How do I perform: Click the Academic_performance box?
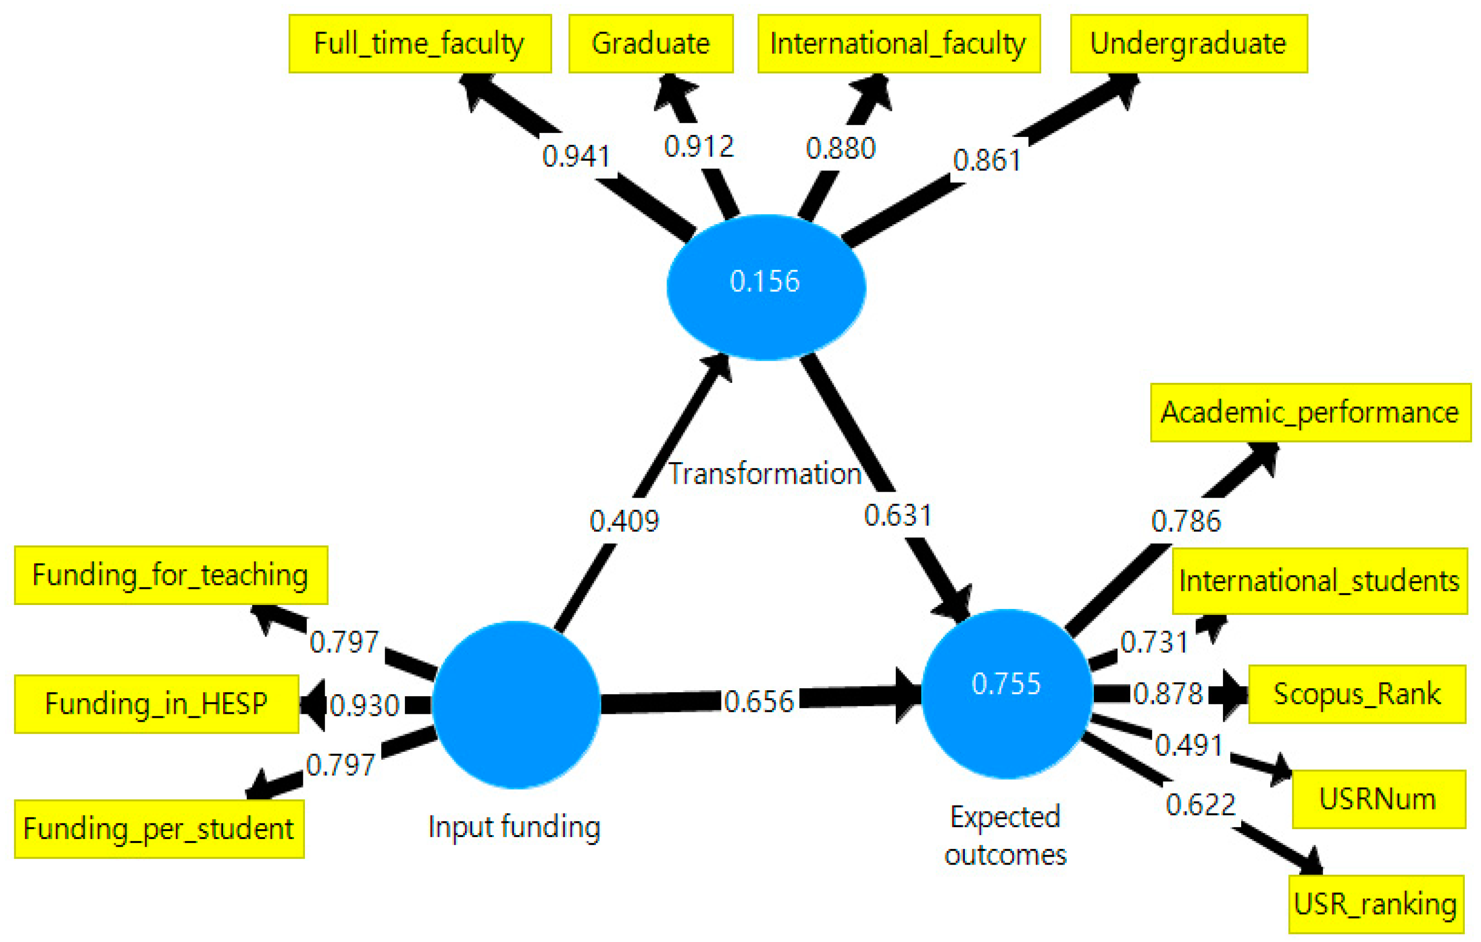pos(1310,413)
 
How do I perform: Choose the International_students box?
pos(1319,581)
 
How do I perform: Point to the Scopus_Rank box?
pos(1357,694)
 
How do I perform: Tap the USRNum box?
pos(1378,799)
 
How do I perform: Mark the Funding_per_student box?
pos(159,829)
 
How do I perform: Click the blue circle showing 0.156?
pos(766,287)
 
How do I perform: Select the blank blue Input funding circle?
pos(516,705)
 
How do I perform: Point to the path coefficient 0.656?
pos(759,702)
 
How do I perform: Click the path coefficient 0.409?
pos(624,521)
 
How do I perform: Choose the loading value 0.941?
pos(576,156)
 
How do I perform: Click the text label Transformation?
pos(765,474)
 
